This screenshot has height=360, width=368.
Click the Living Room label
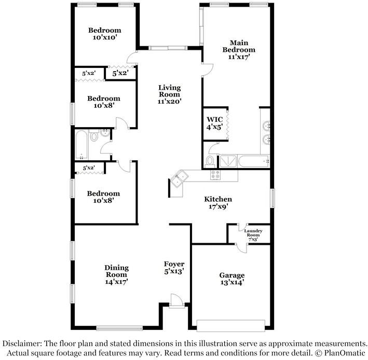click(x=169, y=91)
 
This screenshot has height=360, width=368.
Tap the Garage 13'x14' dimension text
click(x=231, y=283)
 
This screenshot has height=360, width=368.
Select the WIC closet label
click(x=214, y=119)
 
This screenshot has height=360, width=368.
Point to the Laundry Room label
click(x=253, y=233)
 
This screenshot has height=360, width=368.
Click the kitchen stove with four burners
click(x=215, y=174)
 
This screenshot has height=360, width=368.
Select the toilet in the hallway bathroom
click(x=94, y=136)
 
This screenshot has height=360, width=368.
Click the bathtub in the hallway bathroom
click(x=81, y=145)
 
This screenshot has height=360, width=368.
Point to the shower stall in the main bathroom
click(x=228, y=161)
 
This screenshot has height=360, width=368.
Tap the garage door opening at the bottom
click(x=231, y=326)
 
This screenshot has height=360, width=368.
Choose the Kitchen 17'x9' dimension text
click(x=219, y=206)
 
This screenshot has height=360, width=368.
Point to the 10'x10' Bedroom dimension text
click(x=105, y=37)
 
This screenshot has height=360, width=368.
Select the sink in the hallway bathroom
click(x=105, y=133)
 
